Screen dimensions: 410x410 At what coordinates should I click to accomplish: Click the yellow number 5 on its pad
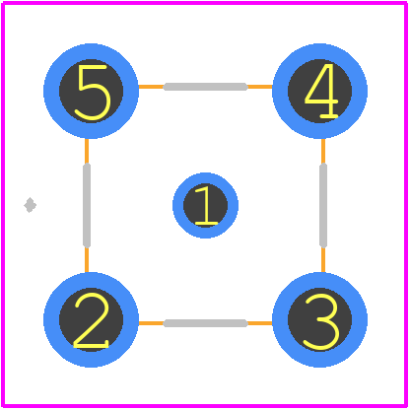point(92,93)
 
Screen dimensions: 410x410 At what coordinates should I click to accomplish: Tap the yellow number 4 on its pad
point(321,91)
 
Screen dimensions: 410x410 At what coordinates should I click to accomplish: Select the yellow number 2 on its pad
point(91,320)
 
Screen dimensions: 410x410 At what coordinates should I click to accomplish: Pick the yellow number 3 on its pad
point(320,321)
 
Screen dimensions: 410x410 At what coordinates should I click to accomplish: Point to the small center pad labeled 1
point(205,205)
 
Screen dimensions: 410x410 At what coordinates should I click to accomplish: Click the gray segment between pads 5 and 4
point(205,87)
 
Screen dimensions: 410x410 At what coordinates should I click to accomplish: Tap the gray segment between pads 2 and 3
point(205,323)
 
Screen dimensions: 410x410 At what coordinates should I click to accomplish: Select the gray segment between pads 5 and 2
point(87,205)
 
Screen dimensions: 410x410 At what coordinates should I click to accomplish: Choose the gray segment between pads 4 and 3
point(323,205)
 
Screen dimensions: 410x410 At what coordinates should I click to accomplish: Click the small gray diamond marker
point(31,205)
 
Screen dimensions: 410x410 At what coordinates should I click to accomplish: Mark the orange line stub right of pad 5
point(151,87)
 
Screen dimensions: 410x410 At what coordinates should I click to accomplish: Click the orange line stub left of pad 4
point(260,87)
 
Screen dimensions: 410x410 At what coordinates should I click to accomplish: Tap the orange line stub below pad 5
point(87,151)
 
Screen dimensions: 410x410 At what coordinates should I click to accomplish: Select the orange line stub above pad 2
point(87,260)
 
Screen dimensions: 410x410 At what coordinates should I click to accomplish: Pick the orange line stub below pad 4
point(323,151)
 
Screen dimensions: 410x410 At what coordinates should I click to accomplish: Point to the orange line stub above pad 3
point(323,260)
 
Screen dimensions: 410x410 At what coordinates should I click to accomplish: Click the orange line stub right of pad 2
point(151,323)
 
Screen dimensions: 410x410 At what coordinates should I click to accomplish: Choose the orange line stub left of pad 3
point(260,323)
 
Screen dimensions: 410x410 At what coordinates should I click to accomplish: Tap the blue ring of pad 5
point(51,91)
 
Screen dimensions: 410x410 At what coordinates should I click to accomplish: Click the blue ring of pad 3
point(360,319)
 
